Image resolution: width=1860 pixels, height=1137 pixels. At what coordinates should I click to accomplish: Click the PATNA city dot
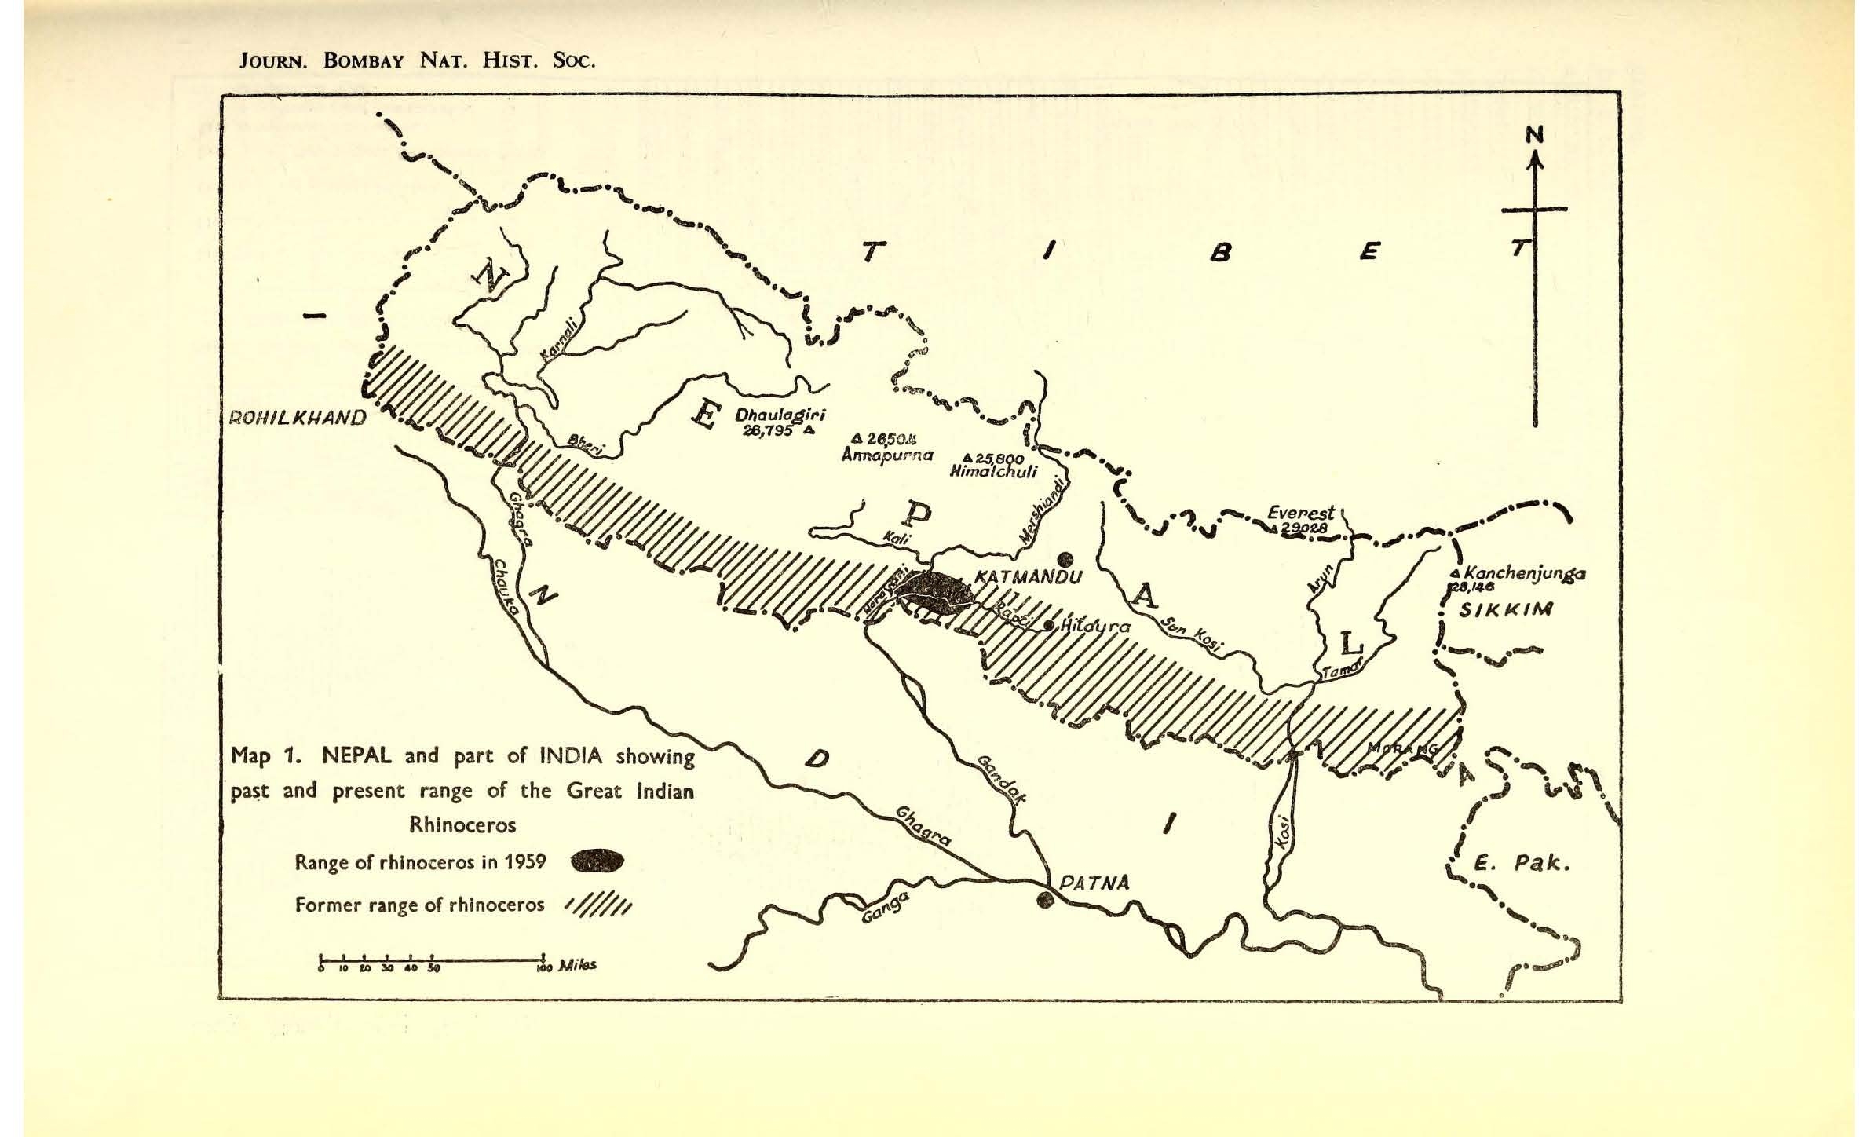[1044, 900]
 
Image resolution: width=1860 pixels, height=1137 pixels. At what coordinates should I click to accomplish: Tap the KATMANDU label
[1028, 577]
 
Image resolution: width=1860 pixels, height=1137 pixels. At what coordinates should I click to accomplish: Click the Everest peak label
[1300, 513]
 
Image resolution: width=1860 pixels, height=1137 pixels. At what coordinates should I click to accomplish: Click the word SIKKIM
[1505, 610]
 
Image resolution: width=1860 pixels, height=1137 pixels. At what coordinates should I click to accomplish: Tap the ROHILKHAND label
[297, 418]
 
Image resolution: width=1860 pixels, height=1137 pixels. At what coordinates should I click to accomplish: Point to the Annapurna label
[886, 455]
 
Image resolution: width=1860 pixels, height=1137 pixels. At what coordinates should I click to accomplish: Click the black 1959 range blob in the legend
[598, 862]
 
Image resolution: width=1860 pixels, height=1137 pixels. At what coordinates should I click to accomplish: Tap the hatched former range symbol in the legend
[598, 907]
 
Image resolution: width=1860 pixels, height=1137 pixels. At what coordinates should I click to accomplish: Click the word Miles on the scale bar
[576, 964]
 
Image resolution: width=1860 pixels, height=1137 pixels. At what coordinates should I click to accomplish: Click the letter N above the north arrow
[1534, 135]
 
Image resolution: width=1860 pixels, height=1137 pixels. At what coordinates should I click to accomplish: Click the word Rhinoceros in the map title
[462, 824]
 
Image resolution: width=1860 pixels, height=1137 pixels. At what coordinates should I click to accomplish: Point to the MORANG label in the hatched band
[1402, 748]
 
